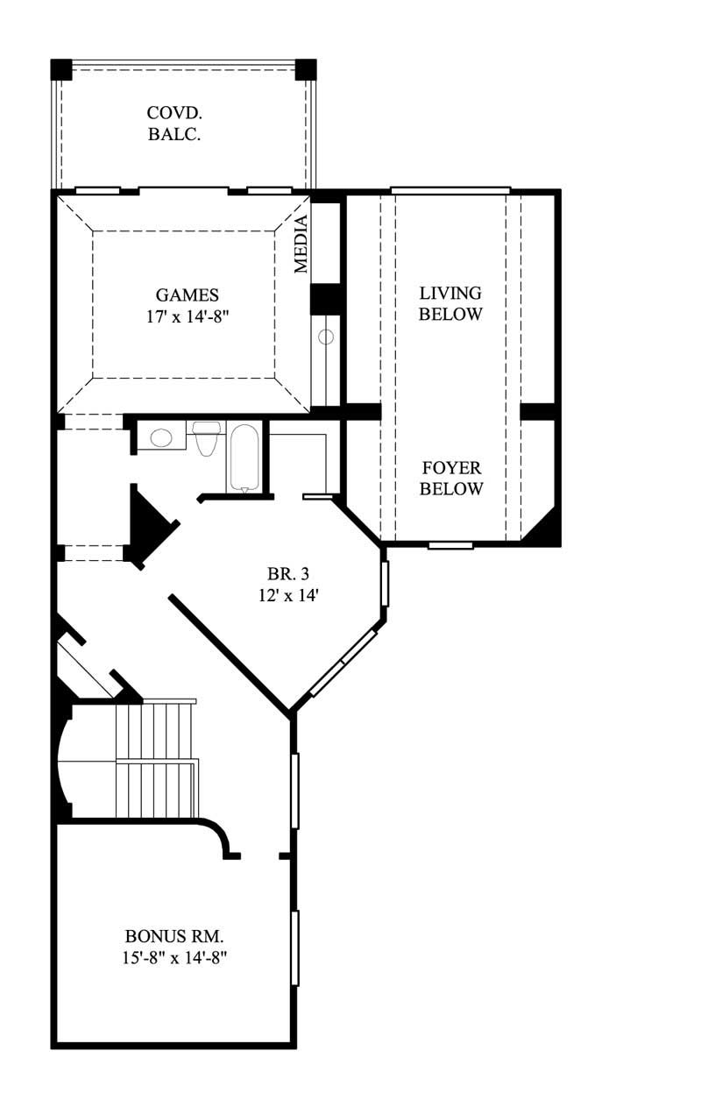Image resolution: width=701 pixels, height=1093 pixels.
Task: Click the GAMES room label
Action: pyautogui.click(x=187, y=295)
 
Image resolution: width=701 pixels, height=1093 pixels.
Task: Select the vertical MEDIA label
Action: pyautogui.click(x=301, y=245)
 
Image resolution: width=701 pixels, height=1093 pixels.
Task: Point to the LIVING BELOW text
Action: pyautogui.click(x=450, y=303)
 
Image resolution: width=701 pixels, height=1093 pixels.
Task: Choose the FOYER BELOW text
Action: pyautogui.click(x=450, y=479)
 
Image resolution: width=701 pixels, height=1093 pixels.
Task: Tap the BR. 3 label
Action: pyautogui.click(x=289, y=575)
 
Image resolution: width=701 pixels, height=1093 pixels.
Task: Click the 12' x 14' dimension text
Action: pyautogui.click(x=289, y=596)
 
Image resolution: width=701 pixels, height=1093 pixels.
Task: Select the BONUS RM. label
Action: pyautogui.click(x=168, y=936)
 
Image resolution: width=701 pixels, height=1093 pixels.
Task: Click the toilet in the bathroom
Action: pyautogui.click(x=207, y=437)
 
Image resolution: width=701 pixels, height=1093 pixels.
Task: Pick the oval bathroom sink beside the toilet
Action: pyautogui.click(x=160, y=437)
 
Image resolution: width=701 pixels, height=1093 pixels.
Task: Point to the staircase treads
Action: pyautogui.click(x=156, y=758)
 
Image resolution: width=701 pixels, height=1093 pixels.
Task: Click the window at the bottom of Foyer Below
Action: pyautogui.click(x=450, y=546)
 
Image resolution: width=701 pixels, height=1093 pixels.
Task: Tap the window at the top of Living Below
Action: pyautogui.click(x=450, y=190)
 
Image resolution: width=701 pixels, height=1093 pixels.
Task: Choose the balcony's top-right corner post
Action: pyautogui.click(x=305, y=68)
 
